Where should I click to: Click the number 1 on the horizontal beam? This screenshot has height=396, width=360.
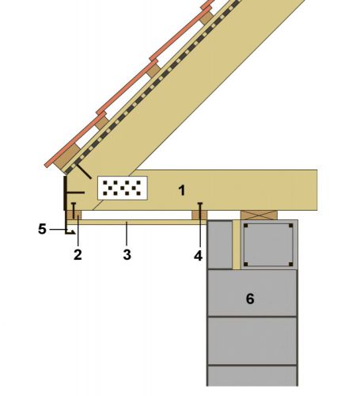tap(182, 190)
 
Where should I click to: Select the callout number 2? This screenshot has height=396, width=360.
tap(78, 255)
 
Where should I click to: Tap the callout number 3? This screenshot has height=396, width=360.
tap(127, 255)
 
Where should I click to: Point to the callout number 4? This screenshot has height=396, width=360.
tap(199, 256)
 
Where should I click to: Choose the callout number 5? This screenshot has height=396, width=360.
tap(42, 229)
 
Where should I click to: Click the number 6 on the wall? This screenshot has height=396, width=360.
tap(250, 299)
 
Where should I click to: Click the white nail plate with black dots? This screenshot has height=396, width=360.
tap(123, 188)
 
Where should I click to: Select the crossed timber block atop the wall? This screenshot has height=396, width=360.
tap(259, 215)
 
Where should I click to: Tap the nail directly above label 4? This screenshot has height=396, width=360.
tap(200, 211)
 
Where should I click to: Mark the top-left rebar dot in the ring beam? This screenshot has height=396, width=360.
tap(246, 226)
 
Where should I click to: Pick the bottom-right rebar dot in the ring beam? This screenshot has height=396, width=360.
tap(290, 264)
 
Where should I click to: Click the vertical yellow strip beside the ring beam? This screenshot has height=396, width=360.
tap(237, 245)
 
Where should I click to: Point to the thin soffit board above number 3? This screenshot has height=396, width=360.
tap(137, 222)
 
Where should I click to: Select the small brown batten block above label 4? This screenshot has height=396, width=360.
tap(199, 215)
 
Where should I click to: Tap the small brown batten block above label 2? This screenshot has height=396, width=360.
tap(74, 215)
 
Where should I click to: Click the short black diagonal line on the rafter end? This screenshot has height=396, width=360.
tap(84, 171)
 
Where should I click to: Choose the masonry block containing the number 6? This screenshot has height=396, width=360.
tap(252, 293)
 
